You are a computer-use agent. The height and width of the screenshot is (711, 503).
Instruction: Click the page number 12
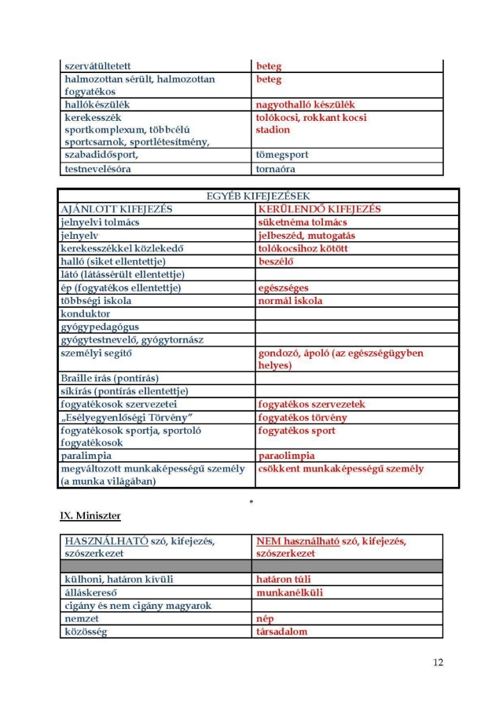point(438,662)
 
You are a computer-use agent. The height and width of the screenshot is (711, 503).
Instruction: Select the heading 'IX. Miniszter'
point(90,515)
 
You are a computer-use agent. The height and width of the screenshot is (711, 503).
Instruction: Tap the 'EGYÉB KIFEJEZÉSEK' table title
point(259,196)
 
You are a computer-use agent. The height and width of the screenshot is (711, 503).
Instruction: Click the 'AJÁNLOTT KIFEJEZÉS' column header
point(116,210)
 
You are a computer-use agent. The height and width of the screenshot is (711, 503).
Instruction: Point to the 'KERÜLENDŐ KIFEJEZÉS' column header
point(319,210)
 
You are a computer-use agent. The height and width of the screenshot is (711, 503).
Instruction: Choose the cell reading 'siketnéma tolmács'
point(303,222)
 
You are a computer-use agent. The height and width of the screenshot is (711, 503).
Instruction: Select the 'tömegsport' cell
point(282,155)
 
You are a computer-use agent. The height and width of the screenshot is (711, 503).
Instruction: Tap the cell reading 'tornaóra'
point(277,168)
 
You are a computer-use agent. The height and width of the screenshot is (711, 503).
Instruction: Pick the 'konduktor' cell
point(86,313)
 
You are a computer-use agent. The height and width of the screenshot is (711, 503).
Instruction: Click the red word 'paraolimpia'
point(287,456)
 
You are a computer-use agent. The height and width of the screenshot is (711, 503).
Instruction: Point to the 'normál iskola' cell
point(291,301)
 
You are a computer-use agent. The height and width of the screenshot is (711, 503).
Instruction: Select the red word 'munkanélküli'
point(289,592)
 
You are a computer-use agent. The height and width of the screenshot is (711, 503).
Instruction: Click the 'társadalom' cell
point(282,632)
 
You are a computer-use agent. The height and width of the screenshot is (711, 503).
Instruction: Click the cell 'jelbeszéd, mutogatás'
point(307,236)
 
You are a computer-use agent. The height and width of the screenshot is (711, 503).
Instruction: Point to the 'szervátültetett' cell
point(97,67)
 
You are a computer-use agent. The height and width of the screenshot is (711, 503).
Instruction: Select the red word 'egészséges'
point(283,288)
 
